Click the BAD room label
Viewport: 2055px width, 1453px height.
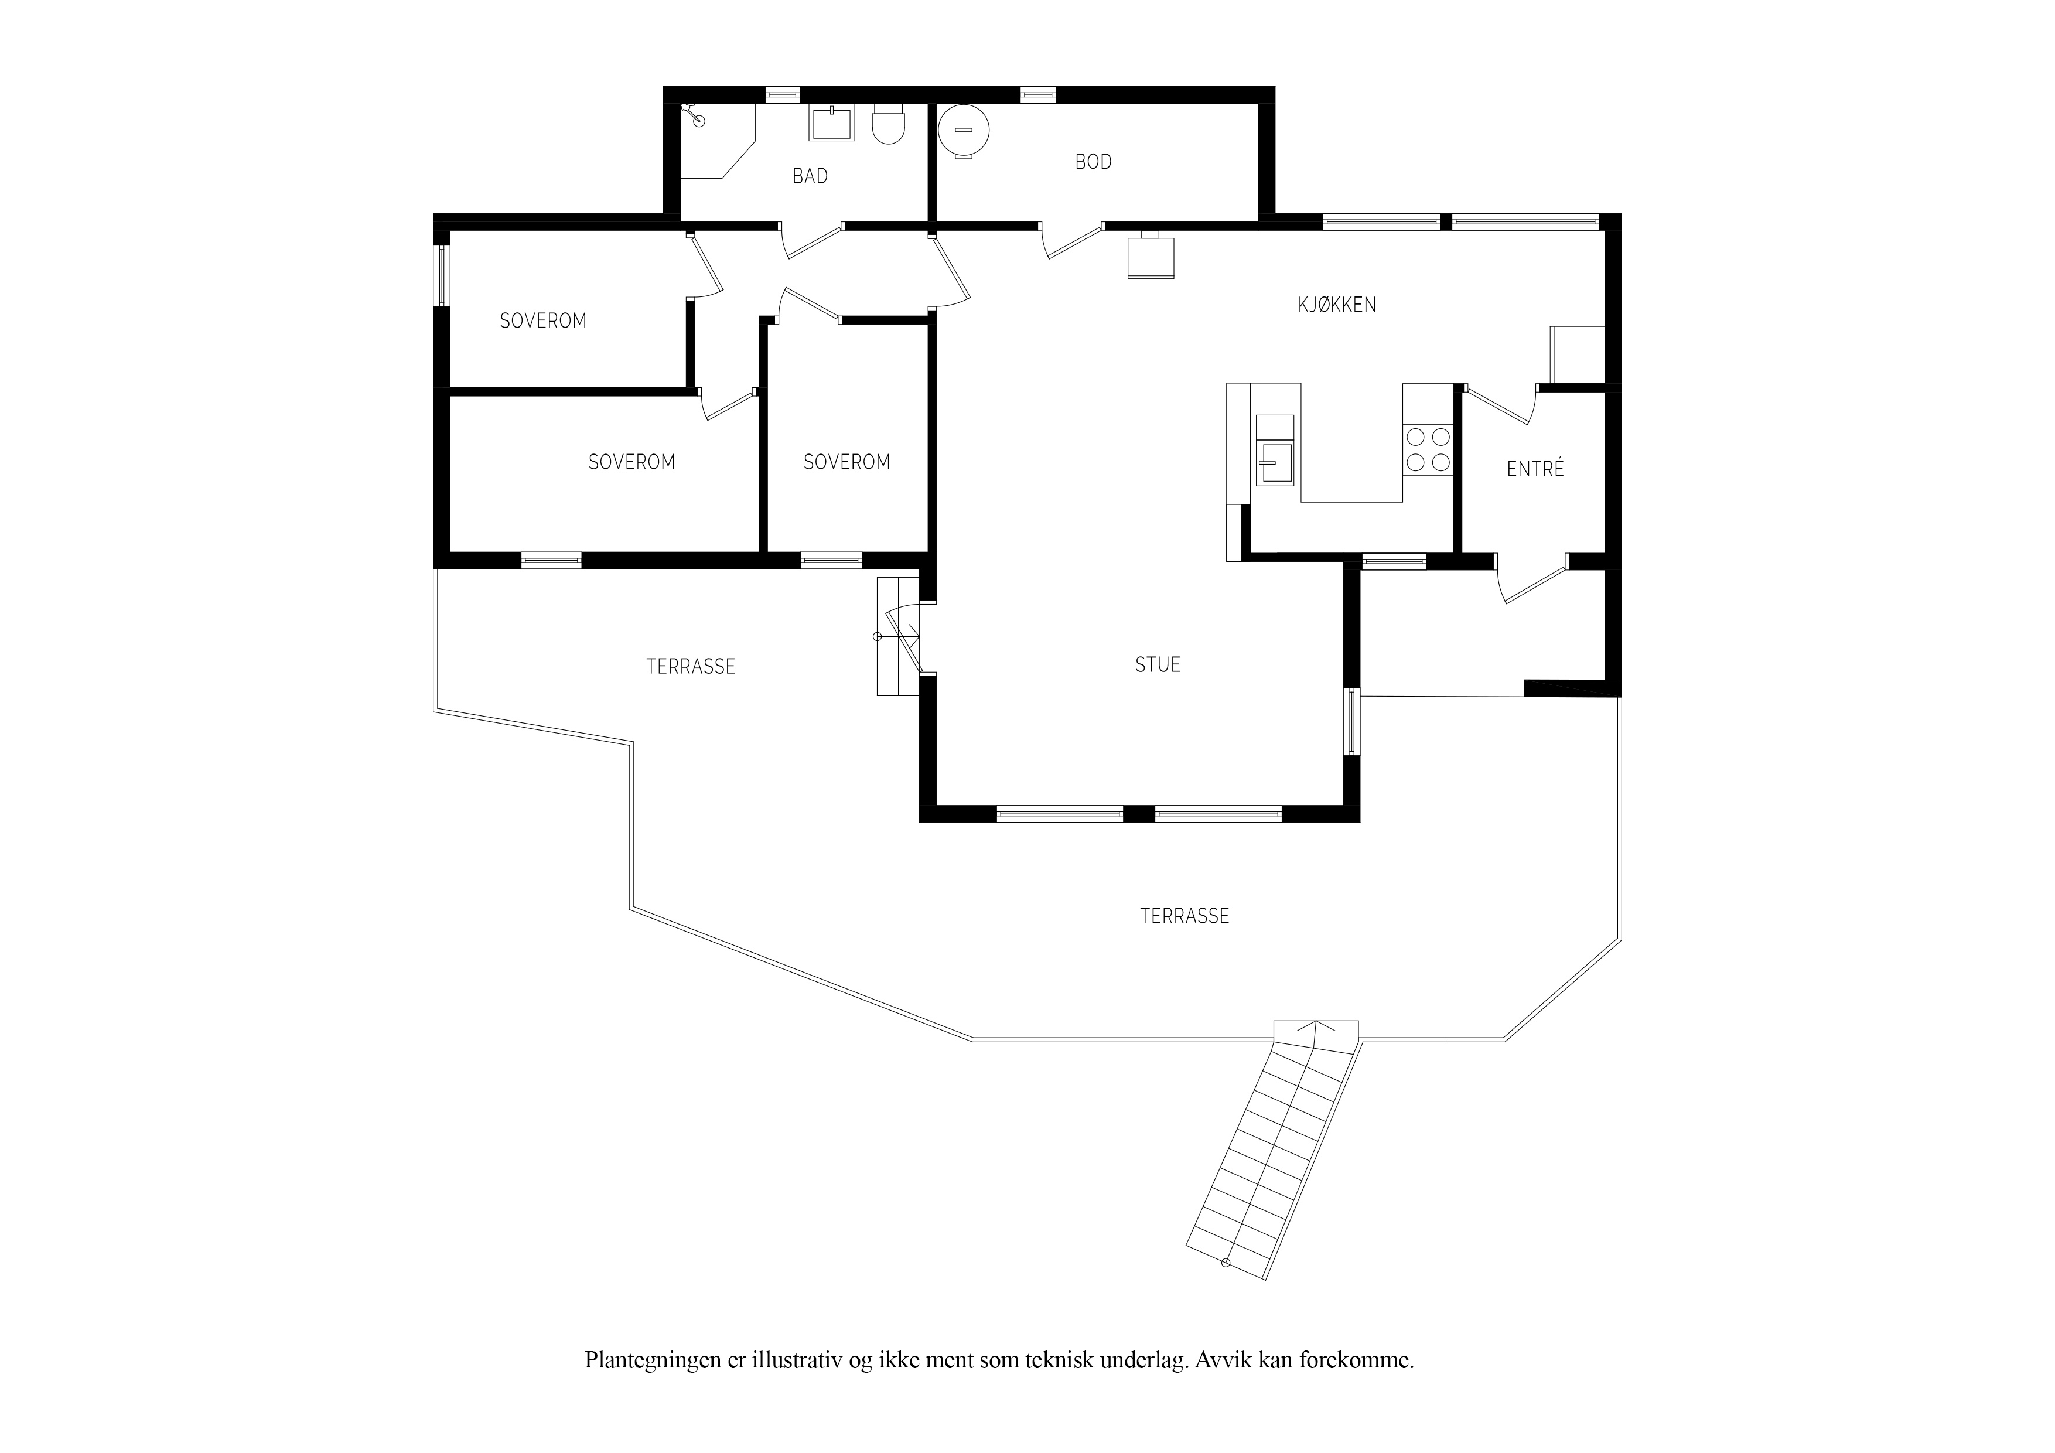tap(810, 176)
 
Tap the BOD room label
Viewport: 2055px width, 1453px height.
tap(1094, 162)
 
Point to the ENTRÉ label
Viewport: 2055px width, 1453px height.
tap(1535, 468)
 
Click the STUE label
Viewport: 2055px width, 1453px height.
tap(1158, 664)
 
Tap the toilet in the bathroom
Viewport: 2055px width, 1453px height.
tap(889, 124)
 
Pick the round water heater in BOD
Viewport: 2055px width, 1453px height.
tap(964, 131)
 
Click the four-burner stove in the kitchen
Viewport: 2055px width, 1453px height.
tap(1428, 449)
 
